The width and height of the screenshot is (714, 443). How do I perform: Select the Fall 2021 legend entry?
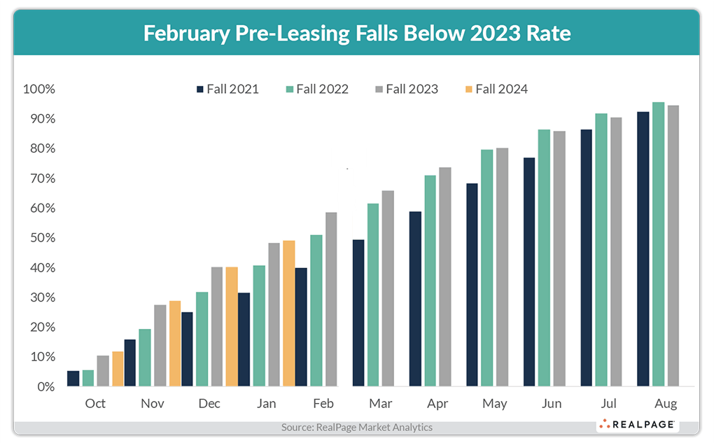tap(227, 89)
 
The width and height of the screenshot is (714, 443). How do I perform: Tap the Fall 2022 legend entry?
tap(316, 89)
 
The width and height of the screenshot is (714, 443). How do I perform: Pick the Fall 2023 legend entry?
tap(406, 89)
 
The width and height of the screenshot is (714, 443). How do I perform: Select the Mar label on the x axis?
tap(380, 404)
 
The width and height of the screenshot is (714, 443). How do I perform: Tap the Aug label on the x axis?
tap(666, 404)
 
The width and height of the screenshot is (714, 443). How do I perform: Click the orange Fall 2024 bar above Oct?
tap(118, 369)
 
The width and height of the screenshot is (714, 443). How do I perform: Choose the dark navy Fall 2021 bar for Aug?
tap(643, 249)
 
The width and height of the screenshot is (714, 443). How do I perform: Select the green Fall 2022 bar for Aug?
tap(658, 244)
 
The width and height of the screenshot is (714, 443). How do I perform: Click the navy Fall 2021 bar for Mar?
tap(358, 313)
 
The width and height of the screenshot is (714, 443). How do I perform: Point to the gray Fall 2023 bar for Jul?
tap(616, 252)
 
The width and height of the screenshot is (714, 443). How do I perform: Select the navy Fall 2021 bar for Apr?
tap(415, 299)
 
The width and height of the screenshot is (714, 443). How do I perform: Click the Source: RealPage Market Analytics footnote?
tap(357, 427)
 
